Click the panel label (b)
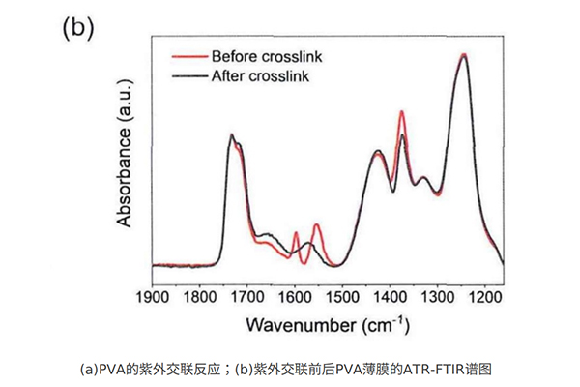coord(77,27)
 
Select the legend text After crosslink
coord(260,75)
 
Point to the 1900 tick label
coord(153,300)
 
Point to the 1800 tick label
coord(200,300)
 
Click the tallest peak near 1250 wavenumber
coord(464,55)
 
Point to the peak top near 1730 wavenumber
coord(232,135)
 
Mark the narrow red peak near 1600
coord(296,233)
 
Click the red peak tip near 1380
coord(401,112)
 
